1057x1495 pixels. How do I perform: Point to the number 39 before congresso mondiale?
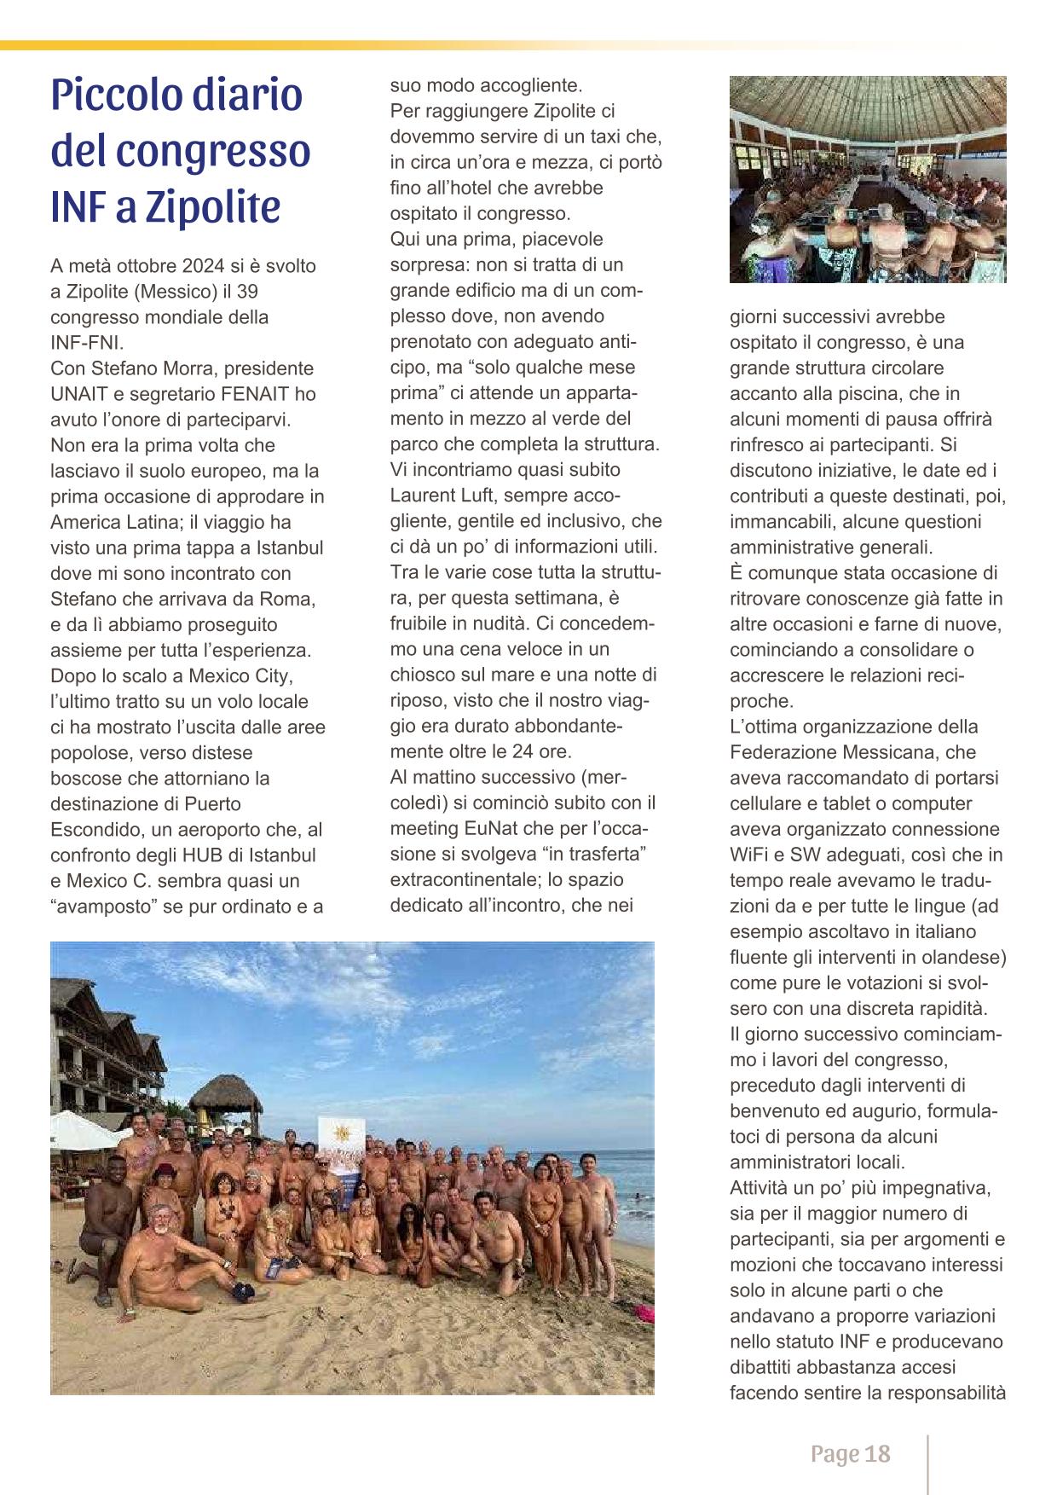coord(246,292)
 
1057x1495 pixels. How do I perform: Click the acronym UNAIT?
coord(79,394)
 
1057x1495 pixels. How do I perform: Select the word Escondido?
coord(88,830)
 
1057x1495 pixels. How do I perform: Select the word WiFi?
coord(753,855)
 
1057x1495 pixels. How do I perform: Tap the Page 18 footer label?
coord(850,1453)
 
